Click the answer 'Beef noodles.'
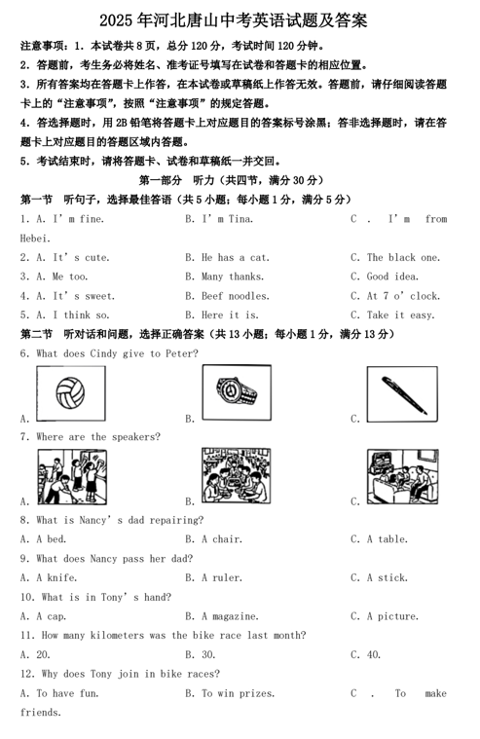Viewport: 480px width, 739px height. tap(235, 296)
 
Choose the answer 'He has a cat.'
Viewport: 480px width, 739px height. tap(235, 258)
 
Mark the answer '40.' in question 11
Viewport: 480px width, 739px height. tap(374, 655)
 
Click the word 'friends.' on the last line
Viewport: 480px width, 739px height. tap(41, 713)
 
